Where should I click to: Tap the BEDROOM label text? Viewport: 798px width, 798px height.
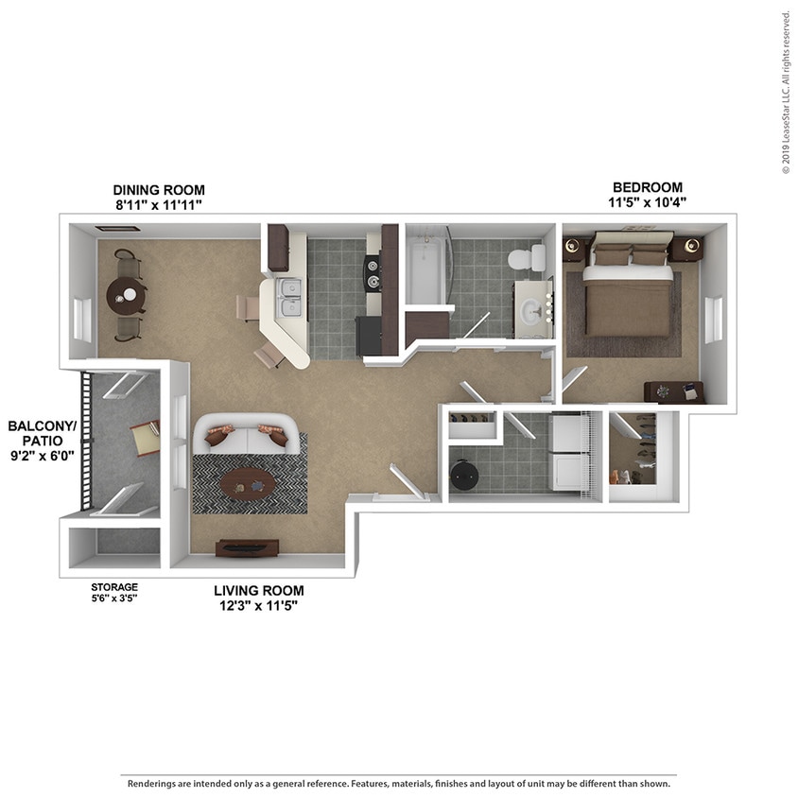click(647, 187)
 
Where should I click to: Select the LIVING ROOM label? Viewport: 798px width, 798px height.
click(258, 591)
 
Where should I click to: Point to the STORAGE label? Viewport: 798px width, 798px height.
click(113, 587)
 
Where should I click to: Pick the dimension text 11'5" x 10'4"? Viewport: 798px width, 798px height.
click(647, 202)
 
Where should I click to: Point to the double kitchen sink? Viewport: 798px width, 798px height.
click(290, 296)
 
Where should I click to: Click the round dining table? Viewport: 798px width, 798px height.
click(125, 295)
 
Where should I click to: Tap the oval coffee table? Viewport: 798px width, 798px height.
click(248, 483)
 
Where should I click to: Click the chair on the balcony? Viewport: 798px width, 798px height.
click(145, 437)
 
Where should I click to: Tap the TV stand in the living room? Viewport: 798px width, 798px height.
click(247, 548)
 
